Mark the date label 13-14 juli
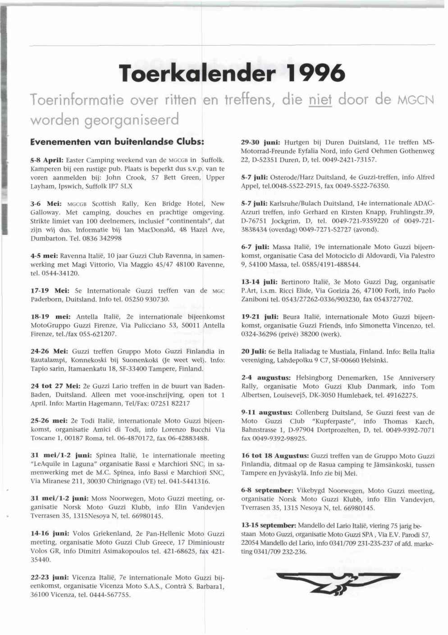click(x=259, y=282)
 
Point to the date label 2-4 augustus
click(x=265, y=378)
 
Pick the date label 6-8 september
click(x=267, y=491)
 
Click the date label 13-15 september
click(x=269, y=526)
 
